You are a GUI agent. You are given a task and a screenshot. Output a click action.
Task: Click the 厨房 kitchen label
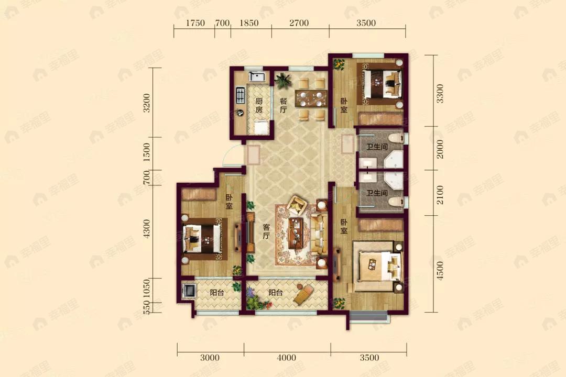pyautogui.click(x=259, y=105)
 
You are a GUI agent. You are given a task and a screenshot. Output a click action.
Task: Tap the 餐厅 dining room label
pyautogui.click(x=284, y=105)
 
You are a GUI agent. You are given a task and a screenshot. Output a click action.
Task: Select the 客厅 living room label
pyautogui.click(x=266, y=231)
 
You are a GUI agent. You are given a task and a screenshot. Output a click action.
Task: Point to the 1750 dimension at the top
pyautogui.click(x=195, y=23)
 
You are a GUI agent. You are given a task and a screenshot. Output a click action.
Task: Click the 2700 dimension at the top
pyautogui.click(x=299, y=23)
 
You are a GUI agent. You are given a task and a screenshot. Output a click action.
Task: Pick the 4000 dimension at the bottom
pyautogui.click(x=286, y=358)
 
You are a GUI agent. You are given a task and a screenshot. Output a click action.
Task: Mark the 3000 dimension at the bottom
pyautogui.click(x=210, y=358)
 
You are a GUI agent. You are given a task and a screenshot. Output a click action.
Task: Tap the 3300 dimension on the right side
pyautogui.click(x=440, y=93)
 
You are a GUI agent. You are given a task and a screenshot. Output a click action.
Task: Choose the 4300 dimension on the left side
pyautogui.click(x=146, y=228)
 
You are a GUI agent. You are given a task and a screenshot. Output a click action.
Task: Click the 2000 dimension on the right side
pyautogui.click(x=440, y=149)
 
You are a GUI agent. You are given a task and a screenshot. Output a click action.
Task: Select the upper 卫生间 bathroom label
pyautogui.click(x=377, y=147)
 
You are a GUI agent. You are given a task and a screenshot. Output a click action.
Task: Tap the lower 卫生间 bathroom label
pyautogui.click(x=377, y=193)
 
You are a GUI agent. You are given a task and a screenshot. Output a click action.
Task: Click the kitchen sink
pyautogui.click(x=258, y=76)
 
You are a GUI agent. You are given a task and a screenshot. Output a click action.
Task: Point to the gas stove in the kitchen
pyautogui.click(x=240, y=96)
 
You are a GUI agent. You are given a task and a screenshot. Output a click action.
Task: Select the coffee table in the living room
pyautogui.click(x=296, y=234)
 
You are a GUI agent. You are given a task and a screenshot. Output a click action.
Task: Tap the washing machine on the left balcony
pyautogui.click(x=190, y=291)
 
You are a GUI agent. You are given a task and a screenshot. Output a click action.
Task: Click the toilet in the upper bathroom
pyautogui.click(x=396, y=138)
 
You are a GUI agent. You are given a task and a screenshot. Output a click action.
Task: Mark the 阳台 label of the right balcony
pyautogui.click(x=276, y=293)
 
